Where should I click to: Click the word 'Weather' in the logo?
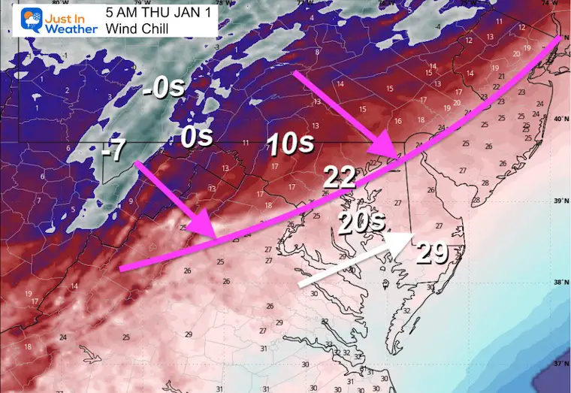(x=68, y=29)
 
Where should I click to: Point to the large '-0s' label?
(x=163, y=90)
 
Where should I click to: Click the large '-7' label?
(x=115, y=150)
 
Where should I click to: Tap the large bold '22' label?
(x=340, y=177)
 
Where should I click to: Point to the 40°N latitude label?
(x=559, y=120)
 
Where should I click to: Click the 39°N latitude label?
(x=559, y=201)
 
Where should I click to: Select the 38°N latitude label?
(x=559, y=283)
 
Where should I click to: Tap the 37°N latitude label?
(x=559, y=364)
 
